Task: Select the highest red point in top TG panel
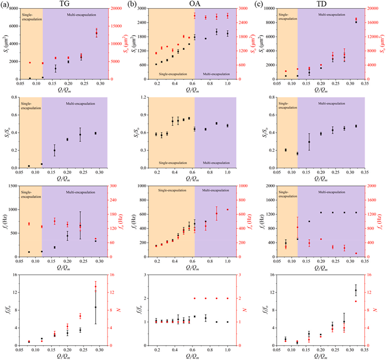(97, 33)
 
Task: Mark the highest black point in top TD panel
(356, 22)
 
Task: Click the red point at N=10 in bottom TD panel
(356, 301)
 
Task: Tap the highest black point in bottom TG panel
(96, 307)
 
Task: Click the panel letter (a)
(4, 4)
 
